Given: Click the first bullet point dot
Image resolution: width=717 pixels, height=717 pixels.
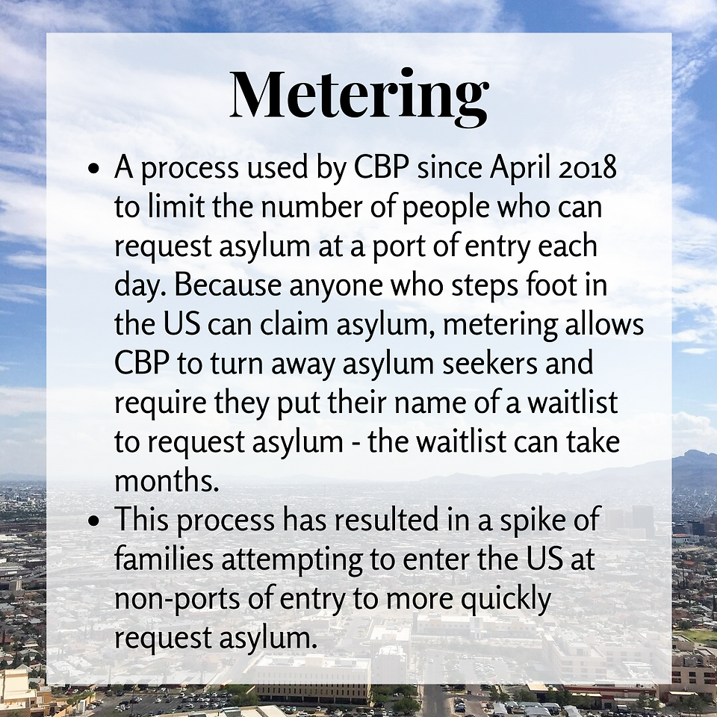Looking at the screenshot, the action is click(94, 169).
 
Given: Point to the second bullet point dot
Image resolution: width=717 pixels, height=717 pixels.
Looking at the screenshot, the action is click(94, 520).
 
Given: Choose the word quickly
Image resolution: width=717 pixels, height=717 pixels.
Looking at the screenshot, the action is click(506, 600).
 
